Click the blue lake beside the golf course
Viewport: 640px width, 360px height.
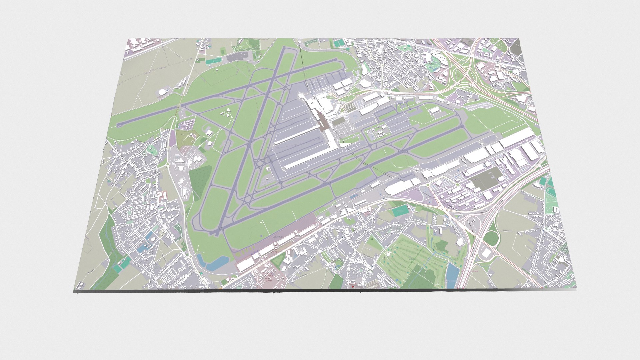tap(452, 272)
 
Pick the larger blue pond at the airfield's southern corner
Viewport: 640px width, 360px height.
tap(217, 263)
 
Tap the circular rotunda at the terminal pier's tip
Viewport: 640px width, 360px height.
tap(301, 96)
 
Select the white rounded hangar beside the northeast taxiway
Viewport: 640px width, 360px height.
tap(434, 110)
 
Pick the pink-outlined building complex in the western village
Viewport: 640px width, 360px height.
tap(162, 197)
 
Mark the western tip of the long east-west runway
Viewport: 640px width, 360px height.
tap(119, 125)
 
